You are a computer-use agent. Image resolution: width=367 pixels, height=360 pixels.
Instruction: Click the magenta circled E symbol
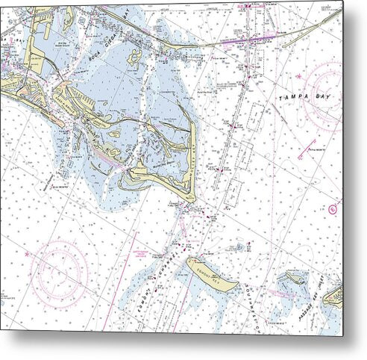point(333,208)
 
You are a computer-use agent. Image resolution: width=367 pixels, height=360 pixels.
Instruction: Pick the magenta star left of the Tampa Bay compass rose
point(297,76)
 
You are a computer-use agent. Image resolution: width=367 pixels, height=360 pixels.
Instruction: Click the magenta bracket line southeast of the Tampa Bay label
point(307,149)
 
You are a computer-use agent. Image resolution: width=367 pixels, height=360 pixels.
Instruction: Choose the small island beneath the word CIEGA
point(134,56)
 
